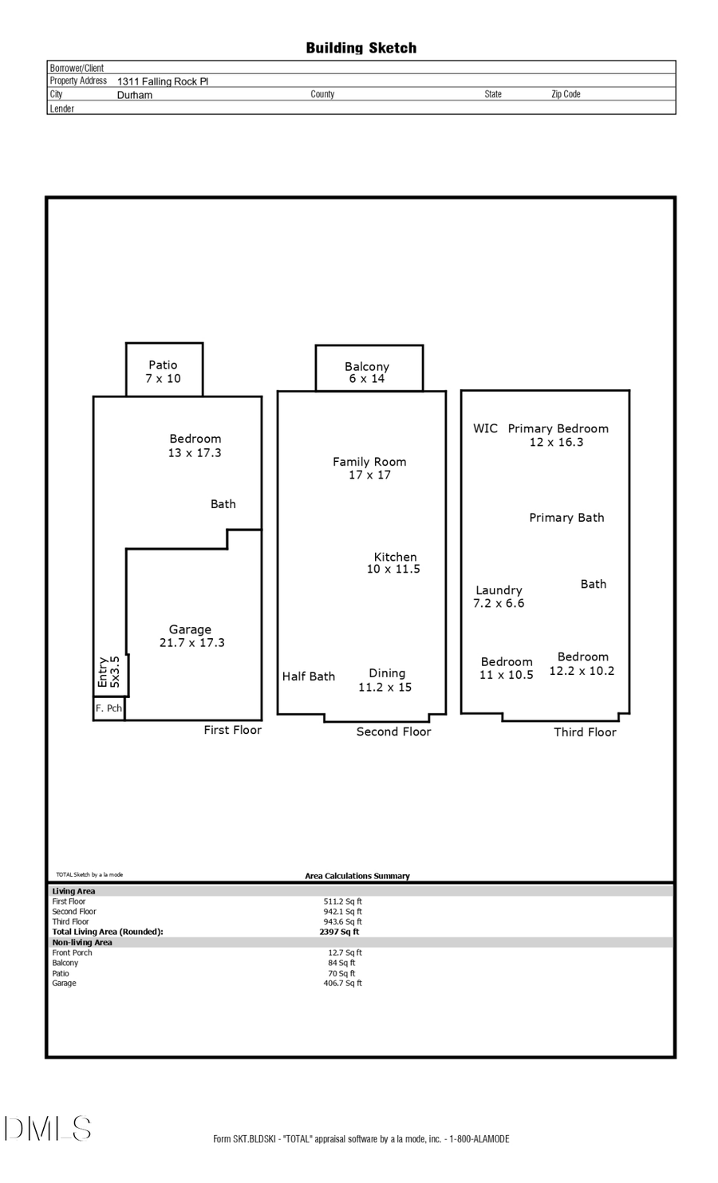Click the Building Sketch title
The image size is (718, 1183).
click(361, 48)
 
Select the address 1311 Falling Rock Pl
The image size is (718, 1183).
click(163, 81)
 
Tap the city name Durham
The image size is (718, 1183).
click(135, 95)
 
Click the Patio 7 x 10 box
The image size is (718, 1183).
click(164, 371)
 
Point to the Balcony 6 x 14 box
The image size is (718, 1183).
click(368, 372)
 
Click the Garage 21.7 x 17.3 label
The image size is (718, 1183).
click(191, 636)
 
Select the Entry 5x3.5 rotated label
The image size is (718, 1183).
click(108, 672)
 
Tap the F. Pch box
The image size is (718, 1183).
click(108, 708)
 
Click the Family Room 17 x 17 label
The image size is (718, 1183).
click(369, 467)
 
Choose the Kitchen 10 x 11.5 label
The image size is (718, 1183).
click(394, 562)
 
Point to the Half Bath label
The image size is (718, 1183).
click(308, 676)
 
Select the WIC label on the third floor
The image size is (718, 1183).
click(485, 428)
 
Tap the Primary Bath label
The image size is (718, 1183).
click(566, 518)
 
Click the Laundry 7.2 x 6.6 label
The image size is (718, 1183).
click(499, 597)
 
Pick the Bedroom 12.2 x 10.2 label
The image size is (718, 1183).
click(582, 664)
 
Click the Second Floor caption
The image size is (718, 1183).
click(393, 731)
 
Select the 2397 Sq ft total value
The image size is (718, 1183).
click(339, 932)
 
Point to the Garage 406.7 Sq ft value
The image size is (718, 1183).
click(342, 984)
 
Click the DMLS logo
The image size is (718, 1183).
click(48, 1129)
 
